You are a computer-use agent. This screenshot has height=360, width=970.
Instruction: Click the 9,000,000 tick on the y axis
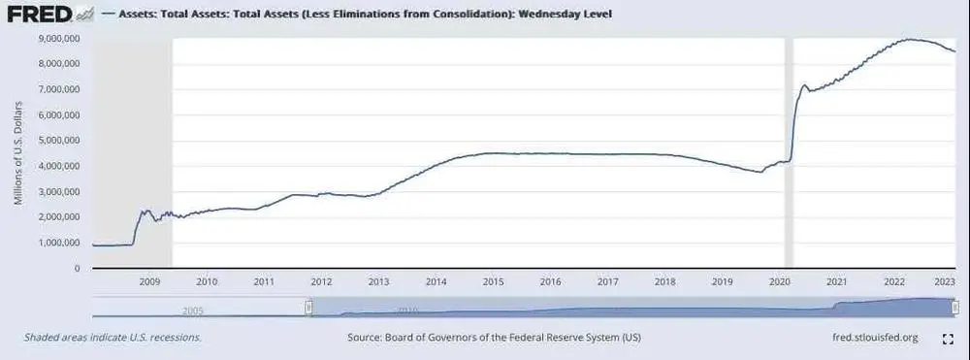pos(57,38)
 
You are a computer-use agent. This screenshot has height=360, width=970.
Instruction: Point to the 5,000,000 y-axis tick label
pos(57,140)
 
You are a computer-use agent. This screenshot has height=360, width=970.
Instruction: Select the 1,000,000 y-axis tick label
pos(57,243)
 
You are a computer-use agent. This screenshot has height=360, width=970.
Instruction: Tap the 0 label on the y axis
pos(78,268)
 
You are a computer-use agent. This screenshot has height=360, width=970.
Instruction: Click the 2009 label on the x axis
pos(149,281)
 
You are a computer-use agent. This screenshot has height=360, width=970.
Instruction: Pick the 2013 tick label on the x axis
pos(378,281)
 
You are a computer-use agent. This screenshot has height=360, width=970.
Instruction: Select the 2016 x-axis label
pos(550,281)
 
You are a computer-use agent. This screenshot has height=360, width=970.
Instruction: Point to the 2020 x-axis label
pos(779,281)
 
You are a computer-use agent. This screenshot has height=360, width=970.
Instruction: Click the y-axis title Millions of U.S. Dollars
pos(18,152)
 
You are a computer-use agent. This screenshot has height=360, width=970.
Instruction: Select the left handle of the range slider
pos(308,307)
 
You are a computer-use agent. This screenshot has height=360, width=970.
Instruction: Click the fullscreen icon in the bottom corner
pos(948,339)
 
